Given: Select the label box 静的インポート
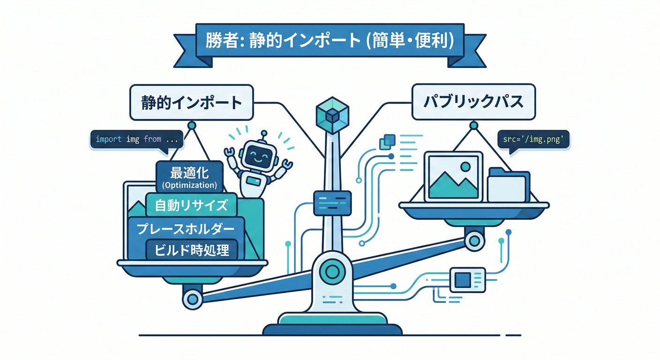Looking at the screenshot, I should [191, 103].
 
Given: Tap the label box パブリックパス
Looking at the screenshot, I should [473, 101].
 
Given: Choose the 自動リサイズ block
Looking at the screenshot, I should [191, 205].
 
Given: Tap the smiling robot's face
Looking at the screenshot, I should [257, 154].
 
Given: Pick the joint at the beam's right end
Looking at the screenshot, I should [473, 240].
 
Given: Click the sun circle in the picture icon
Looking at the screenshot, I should [465, 166].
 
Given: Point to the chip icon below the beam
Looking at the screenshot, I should [463, 280].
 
